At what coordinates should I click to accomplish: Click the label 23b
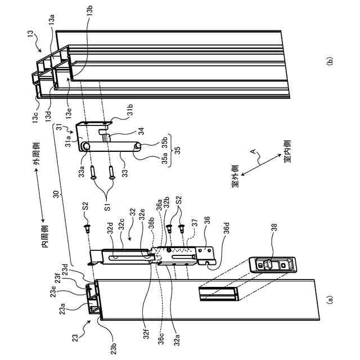114,348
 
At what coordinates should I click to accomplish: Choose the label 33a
82,172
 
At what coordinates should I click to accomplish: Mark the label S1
107,206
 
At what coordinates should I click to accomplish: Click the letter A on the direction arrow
253,151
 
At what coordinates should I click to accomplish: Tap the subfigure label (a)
329,299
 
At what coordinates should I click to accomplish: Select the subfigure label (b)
329,61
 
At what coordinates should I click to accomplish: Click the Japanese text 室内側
287,151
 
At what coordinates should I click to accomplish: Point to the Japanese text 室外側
235,176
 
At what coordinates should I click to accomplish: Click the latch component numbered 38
273,265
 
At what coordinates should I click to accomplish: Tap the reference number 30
56,195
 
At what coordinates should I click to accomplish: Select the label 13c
35,117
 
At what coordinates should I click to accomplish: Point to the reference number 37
194,223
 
